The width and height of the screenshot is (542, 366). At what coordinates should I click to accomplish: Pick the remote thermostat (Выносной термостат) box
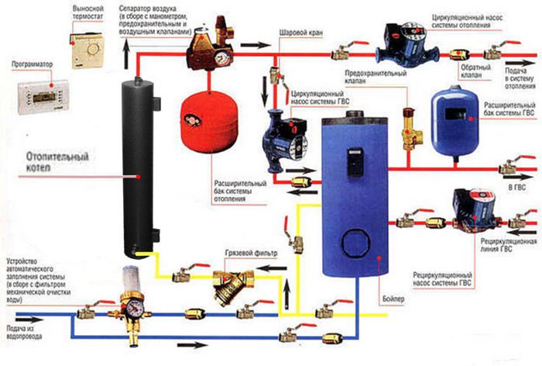87,47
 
